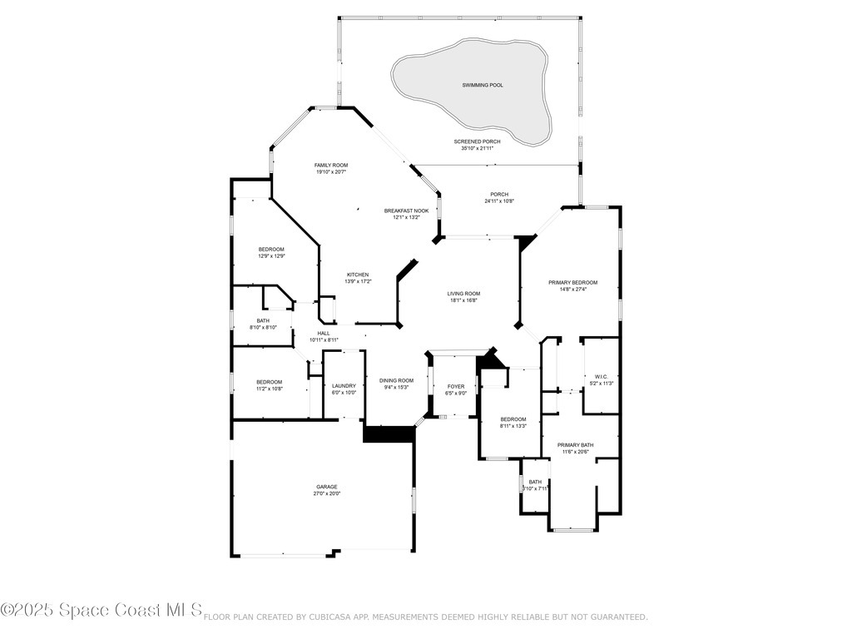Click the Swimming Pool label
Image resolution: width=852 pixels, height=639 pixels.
(x=483, y=85)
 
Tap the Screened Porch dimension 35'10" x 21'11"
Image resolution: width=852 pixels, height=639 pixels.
(x=477, y=149)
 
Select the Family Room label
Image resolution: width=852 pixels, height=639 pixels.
(x=330, y=166)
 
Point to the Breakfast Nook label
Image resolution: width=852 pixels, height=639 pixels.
(x=406, y=211)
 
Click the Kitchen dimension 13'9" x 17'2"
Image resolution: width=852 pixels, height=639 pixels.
(x=358, y=282)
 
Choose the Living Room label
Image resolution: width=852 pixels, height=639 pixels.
(x=463, y=294)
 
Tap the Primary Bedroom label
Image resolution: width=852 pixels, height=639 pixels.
(x=572, y=282)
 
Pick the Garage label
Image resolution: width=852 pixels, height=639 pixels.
(x=326, y=487)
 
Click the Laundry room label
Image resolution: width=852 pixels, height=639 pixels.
(x=344, y=385)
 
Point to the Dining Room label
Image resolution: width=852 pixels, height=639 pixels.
(x=396, y=380)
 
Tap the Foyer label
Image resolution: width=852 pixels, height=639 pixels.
(x=456, y=386)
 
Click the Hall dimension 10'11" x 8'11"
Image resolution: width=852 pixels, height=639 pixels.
(x=324, y=339)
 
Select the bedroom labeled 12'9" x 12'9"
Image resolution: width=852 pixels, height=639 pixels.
(x=271, y=256)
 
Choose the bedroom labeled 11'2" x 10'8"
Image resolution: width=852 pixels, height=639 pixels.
(x=269, y=389)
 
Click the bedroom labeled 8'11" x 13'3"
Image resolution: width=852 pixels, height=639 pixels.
(x=513, y=426)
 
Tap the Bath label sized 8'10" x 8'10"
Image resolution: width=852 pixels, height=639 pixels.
(x=263, y=328)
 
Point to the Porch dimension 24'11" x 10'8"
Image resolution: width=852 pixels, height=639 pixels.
(x=499, y=201)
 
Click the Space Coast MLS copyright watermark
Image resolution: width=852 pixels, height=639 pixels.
(x=102, y=611)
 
